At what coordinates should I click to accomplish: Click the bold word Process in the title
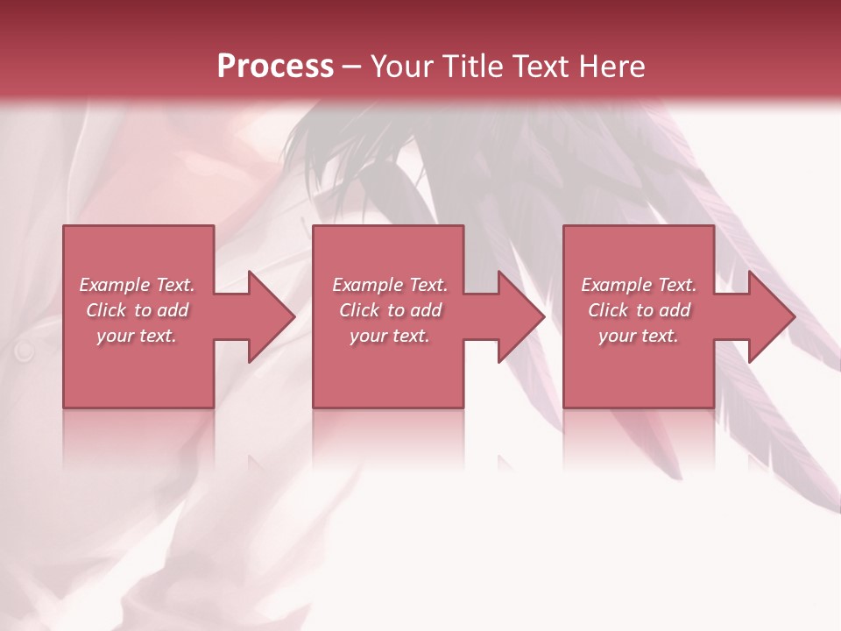(x=275, y=67)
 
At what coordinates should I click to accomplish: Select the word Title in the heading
(x=473, y=67)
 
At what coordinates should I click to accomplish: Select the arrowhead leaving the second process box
(x=519, y=316)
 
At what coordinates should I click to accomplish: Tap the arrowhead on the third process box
(x=770, y=316)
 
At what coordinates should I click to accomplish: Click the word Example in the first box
(x=115, y=285)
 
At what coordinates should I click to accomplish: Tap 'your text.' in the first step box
(x=137, y=336)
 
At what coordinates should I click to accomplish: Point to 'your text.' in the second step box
(x=389, y=336)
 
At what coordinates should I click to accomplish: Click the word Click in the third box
(x=609, y=310)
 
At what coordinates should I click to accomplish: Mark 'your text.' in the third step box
(x=638, y=336)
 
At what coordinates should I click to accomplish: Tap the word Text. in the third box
(x=677, y=285)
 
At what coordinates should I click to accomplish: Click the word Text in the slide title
(x=541, y=67)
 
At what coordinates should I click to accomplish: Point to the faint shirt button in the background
(x=24, y=351)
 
